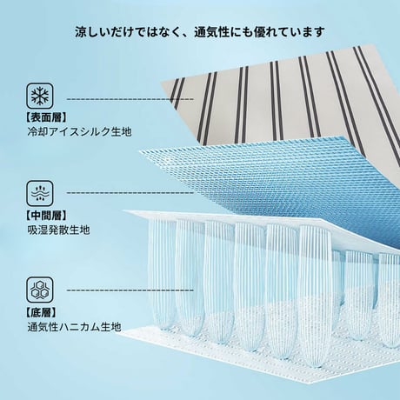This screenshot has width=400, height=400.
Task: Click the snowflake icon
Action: [x=40, y=96]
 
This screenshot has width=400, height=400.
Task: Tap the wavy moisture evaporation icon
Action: [x=40, y=193]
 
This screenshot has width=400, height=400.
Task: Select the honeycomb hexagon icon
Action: [x=40, y=290]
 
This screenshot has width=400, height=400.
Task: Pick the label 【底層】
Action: [x=41, y=312]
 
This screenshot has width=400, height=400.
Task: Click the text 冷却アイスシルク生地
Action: [x=80, y=132]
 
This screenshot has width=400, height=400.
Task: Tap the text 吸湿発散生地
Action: [x=59, y=230]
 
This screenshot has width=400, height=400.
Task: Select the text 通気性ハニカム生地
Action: [x=74, y=327]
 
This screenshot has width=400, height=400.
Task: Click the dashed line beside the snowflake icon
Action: [x=130, y=99]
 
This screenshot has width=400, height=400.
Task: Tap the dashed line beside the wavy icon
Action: [x=130, y=192]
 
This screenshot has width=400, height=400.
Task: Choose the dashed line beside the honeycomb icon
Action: [x=130, y=290]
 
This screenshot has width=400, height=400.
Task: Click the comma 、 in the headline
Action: [x=185, y=36]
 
